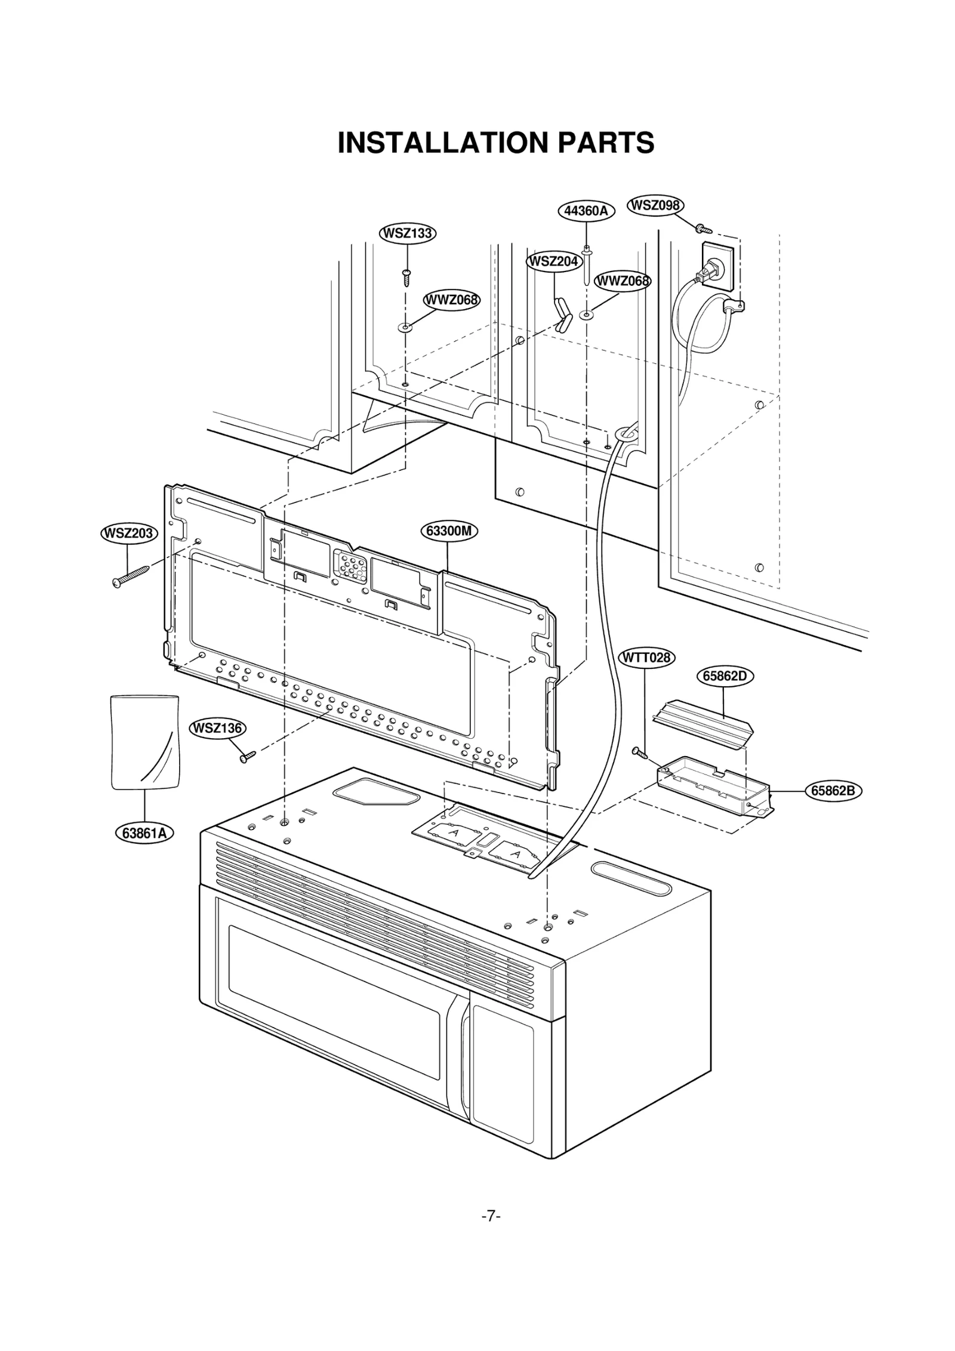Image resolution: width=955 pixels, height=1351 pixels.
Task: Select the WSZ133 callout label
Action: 408,233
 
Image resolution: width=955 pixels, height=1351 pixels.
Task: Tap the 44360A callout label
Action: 586,211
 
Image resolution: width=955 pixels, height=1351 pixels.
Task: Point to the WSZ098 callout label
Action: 655,205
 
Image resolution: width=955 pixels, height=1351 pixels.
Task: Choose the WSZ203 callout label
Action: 128,533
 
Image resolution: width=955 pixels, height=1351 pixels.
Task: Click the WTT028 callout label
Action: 646,658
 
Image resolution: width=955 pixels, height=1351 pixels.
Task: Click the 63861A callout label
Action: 144,833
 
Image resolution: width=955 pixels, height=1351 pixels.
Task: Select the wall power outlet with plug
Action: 716,266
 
